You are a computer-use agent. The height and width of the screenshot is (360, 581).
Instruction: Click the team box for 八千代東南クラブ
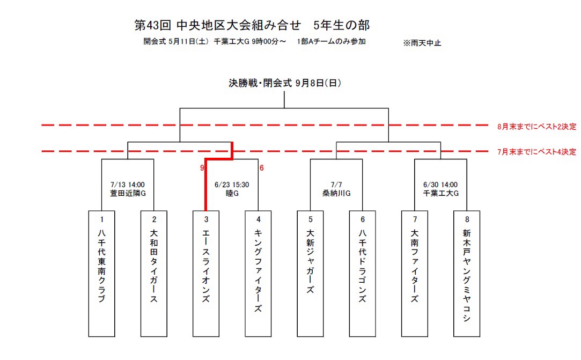[x=101, y=274]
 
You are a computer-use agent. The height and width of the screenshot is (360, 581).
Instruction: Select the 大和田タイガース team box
[x=154, y=274]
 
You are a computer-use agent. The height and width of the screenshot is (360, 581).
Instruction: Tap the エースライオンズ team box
[x=206, y=274]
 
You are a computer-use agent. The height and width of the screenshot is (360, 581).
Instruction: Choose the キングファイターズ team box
[x=258, y=274]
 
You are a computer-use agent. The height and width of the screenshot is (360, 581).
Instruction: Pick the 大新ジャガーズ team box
[x=310, y=274]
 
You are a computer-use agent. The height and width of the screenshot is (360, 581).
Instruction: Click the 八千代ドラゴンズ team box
[x=362, y=274]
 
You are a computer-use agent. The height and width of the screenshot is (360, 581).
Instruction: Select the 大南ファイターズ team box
[x=415, y=274]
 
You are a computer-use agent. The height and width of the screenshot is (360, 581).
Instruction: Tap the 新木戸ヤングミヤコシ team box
[x=467, y=274]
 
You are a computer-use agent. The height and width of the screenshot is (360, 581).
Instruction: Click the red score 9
[x=202, y=168]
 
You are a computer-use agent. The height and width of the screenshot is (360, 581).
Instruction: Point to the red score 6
[x=262, y=168]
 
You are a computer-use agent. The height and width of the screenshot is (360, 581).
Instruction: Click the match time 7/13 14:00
[x=128, y=185]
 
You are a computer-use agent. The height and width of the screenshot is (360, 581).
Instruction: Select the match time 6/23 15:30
[x=232, y=185]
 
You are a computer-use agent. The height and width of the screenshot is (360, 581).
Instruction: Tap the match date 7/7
[x=336, y=185]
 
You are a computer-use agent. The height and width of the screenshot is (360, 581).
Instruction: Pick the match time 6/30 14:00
[x=440, y=185]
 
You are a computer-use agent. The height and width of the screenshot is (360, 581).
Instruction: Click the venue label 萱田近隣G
[x=128, y=193]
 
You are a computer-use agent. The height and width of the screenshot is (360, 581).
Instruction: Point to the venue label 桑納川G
[x=336, y=193]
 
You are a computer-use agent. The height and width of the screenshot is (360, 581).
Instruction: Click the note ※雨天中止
[x=422, y=43]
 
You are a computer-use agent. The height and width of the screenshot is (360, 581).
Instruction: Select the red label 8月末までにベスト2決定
[x=537, y=127]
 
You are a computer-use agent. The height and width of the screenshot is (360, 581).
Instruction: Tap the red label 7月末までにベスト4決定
[x=537, y=152]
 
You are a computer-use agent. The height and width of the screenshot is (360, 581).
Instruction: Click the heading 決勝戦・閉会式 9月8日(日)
[x=284, y=83]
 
